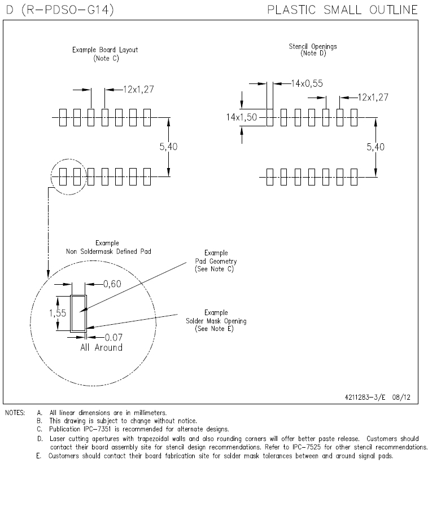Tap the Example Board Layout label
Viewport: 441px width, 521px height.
(105, 50)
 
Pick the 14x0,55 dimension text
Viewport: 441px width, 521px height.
(308, 83)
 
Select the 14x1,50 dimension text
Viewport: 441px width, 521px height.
(242, 117)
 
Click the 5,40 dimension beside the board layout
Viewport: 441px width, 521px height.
(169, 147)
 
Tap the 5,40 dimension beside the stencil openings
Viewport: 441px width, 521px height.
(375, 147)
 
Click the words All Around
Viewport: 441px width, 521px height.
(101, 347)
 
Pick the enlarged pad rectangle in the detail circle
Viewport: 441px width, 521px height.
(77, 312)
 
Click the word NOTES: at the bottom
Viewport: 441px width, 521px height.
(15, 413)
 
